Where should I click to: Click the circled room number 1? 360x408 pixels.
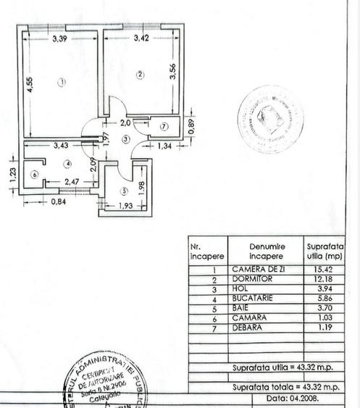62,82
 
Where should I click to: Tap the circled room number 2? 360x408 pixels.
140,74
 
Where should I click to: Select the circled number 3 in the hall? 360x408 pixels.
125,138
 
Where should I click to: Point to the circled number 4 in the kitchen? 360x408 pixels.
67,163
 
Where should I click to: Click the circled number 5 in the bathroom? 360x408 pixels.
123,191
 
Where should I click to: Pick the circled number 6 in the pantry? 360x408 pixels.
33,174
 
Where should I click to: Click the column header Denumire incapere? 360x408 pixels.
267,251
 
